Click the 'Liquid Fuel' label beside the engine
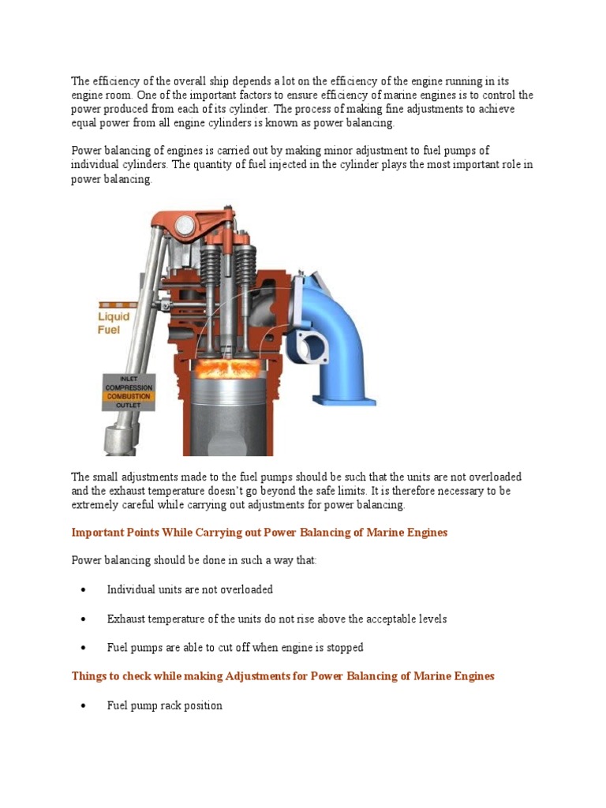click(x=114, y=323)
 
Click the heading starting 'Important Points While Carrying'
click(x=259, y=533)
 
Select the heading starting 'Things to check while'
click(x=282, y=676)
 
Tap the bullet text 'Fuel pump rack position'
click(x=164, y=705)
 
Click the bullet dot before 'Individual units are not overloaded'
click(x=84, y=590)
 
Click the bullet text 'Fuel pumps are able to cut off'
click(x=235, y=648)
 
